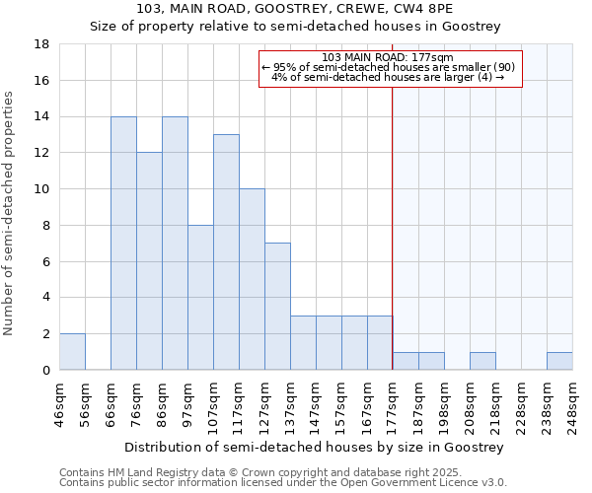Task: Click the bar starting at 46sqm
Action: [72, 352]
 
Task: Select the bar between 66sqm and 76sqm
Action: [123, 244]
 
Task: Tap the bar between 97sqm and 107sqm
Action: [200, 298]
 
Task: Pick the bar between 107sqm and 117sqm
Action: [226, 252]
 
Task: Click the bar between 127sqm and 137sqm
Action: [277, 307]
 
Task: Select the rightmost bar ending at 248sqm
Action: [559, 361]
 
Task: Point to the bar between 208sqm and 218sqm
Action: [482, 361]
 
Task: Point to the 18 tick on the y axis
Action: [42, 44]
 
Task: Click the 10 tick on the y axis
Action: [42, 189]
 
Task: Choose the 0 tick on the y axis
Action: [46, 370]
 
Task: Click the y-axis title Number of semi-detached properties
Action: [9, 213]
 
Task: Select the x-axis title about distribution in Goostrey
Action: [316, 447]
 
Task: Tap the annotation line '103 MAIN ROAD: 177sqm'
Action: [388, 57]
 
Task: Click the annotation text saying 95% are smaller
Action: [388, 67]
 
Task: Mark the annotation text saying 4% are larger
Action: [388, 77]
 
